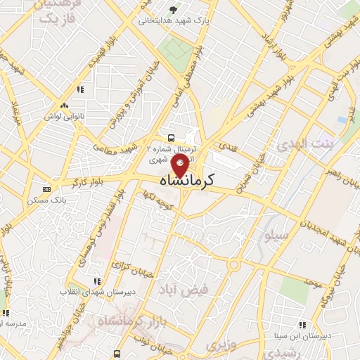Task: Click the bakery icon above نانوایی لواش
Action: pos(64,105)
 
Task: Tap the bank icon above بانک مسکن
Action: pos(46,188)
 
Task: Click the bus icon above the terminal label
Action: pos(172,137)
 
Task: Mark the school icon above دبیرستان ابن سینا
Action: pos(302,325)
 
